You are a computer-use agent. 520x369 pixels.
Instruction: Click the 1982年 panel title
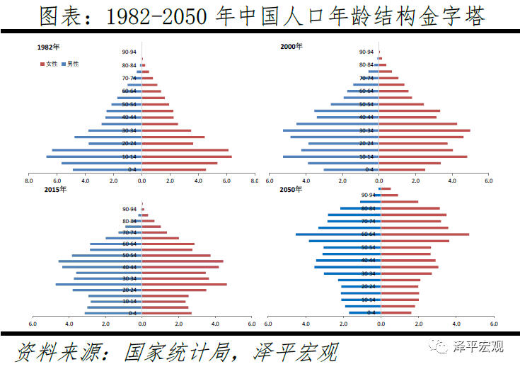click(x=48, y=47)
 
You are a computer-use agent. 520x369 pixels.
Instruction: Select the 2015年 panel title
click(x=55, y=189)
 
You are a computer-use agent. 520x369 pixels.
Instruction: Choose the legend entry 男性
click(x=72, y=64)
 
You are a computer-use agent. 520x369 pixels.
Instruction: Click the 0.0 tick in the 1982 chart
click(x=141, y=180)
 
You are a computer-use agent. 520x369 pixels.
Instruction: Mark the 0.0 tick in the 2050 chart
click(x=380, y=324)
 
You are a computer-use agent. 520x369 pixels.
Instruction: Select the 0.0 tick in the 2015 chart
click(x=141, y=324)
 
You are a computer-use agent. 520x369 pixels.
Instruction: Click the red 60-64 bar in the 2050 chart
click(x=424, y=234)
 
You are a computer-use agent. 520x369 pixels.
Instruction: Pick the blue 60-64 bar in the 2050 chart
click(x=337, y=234)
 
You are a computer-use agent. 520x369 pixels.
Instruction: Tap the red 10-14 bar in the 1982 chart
click(x=187, y=156)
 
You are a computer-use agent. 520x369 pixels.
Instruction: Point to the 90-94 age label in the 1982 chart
click(x=129, y=52)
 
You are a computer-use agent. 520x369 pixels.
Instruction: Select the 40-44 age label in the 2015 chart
click(x=129, y=267)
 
